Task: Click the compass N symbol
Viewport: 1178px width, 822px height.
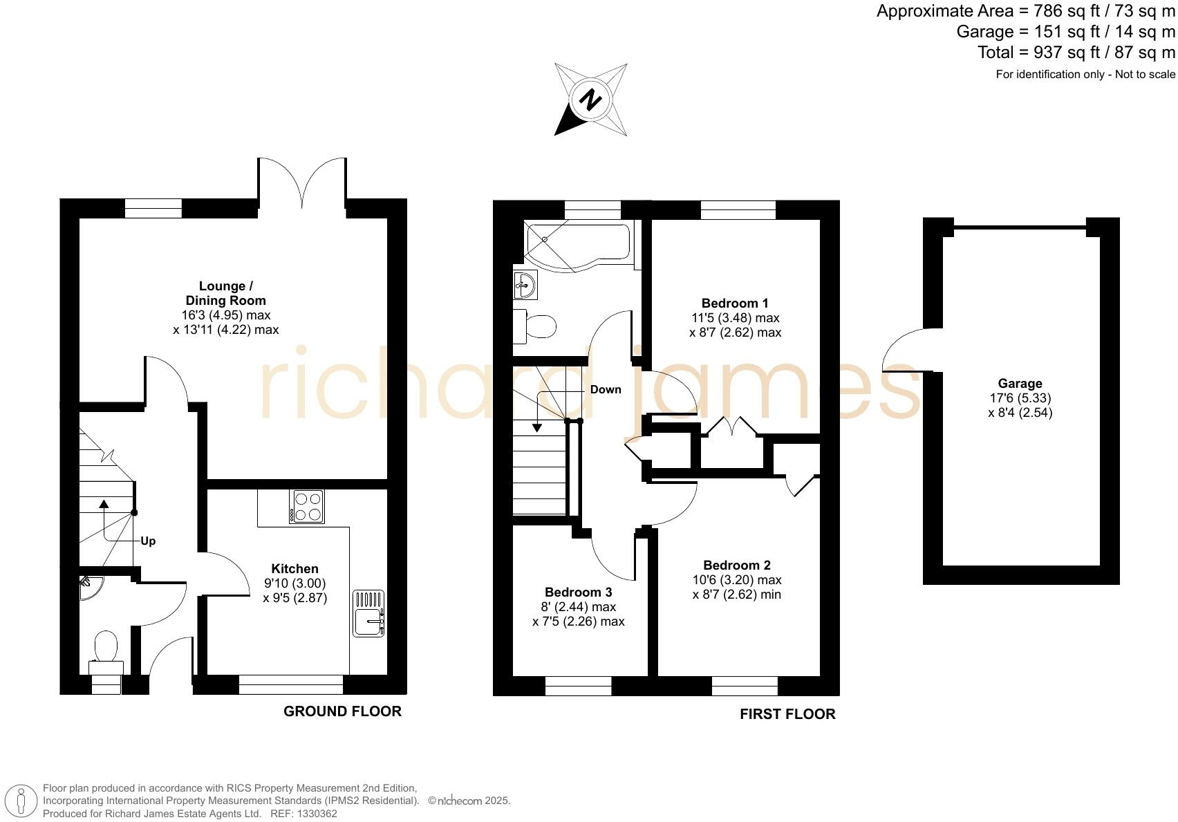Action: pos(590,100)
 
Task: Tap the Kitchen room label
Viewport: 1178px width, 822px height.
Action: pos(294,568)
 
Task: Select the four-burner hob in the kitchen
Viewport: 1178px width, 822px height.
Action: pos(307,507)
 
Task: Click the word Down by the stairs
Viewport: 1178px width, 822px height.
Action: pos(606,389)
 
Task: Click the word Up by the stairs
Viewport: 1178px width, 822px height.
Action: pos(148,541)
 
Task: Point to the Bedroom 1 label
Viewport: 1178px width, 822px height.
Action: pos(735,303)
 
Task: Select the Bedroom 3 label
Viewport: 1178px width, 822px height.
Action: pos(578,592)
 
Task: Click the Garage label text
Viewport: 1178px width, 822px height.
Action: pos(1020,384)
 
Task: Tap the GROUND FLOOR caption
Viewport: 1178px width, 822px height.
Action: pos(342,711)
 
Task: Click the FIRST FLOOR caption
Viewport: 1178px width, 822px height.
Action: pos(787,714)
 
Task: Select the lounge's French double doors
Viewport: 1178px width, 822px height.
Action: pos(302,183)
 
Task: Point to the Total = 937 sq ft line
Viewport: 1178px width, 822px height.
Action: pos(1076,53)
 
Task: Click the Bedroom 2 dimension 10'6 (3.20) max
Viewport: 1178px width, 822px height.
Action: pos(737,579)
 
